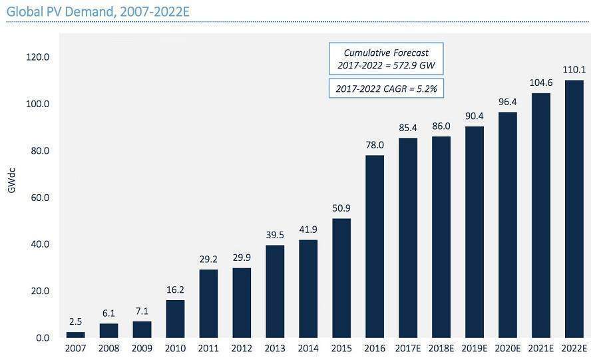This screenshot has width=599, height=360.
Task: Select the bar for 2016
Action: (x=375, y=246)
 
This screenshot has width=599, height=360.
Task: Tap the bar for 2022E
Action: (x=574, y=209)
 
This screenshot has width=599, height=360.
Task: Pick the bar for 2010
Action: (x=175, y=319)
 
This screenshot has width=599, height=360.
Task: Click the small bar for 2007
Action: (x=75, y=335)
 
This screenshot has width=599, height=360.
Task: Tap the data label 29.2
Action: (x=208, y=260)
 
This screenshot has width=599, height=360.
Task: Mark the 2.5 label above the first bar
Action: (x=75, y=322)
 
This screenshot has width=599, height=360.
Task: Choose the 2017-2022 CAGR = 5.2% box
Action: (x=386, y=89)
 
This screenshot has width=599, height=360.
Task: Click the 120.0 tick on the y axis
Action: (x=38, y=57)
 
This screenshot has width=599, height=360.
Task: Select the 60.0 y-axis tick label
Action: (x=38, y=198)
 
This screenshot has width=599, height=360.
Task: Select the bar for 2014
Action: (x=308, y=289)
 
